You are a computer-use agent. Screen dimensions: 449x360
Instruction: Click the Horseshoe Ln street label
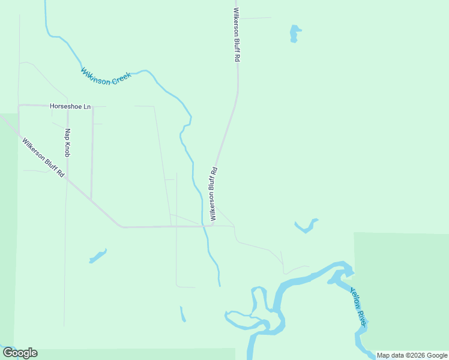pyautogui.click(x=70, y=106)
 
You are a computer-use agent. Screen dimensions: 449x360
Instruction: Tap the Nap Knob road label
pyautogui.click(x=68, y=142)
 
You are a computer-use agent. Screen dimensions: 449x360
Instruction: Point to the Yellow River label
pyautogui.click(x=358, y=307)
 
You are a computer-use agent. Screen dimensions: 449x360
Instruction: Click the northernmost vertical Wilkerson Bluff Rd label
pyautogui.click(x=237, y=35)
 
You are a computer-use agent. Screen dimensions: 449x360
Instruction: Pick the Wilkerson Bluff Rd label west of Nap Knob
pyautogui.click(x=43, y=158)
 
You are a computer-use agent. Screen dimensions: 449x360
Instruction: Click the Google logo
pyautogui.click(x=20, y=353)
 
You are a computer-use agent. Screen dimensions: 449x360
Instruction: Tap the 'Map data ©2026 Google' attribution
pyautogui.click(x=412, y=355)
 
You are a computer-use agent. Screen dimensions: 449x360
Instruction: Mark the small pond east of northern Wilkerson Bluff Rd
pyautogui.click(x=294, y=33)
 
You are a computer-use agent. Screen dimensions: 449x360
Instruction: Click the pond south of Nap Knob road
pyautogui.click(x=97, y=256)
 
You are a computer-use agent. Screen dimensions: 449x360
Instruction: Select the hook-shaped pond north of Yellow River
pyautogui.click(x=306, y=227)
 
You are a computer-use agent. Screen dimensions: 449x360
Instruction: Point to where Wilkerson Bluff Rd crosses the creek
pyautogui.click(x=204, y=227)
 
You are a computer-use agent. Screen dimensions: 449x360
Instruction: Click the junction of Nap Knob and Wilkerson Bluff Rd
pyautogui.click(x=67, y=178)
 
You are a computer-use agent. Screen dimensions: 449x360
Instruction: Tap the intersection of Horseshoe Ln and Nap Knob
pyautogui.click(x=68, y=106)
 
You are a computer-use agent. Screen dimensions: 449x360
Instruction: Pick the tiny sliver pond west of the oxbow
pyautogui.click(x=182, y=314)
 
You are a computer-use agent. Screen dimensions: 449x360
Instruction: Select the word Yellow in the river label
pyautogui.click(x=355, y=296)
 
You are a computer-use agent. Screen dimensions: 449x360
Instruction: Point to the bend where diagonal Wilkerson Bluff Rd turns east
pyautogui.click(x=122, y=227)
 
